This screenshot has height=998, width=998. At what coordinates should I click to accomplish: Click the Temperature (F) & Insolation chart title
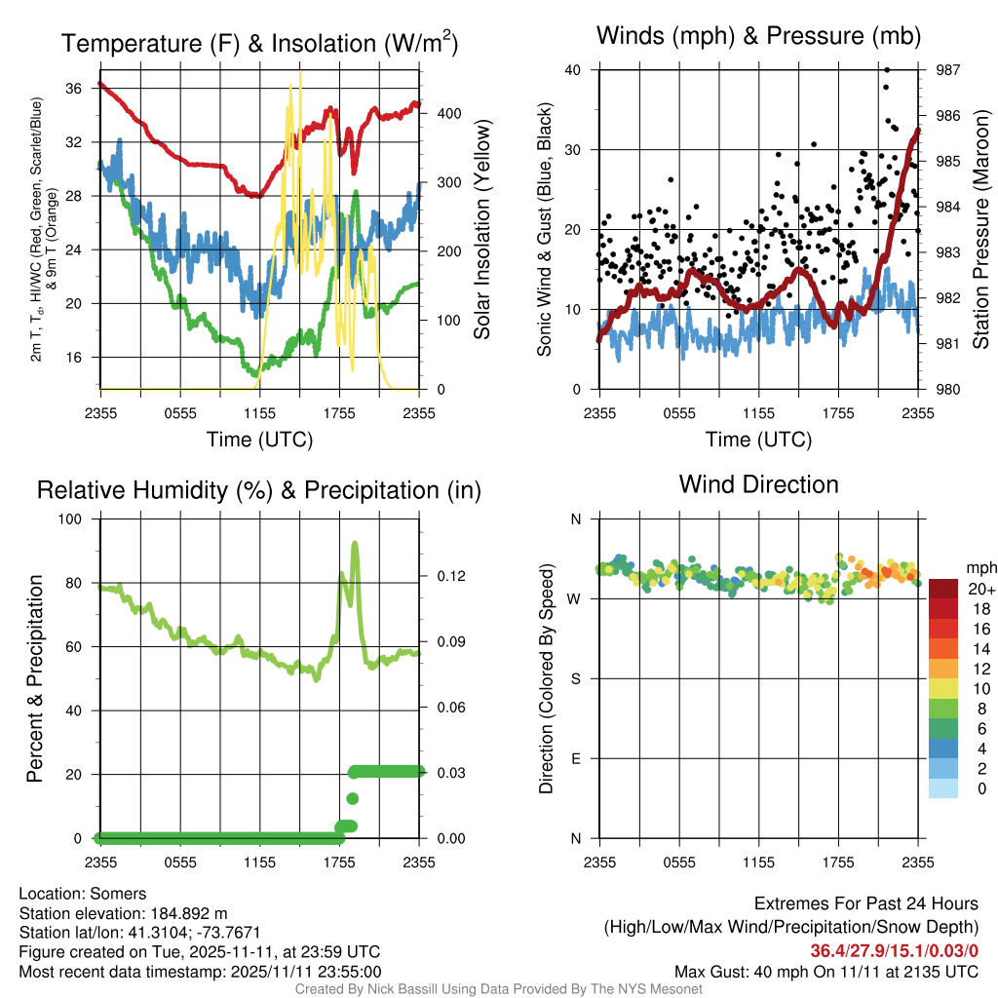259,43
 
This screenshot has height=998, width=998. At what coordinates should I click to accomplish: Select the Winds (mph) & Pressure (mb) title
758,36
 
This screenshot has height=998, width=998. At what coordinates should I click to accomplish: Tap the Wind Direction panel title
758,484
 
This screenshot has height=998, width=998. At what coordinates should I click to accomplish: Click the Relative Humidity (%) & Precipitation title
259,490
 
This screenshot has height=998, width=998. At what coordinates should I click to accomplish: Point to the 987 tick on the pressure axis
947,70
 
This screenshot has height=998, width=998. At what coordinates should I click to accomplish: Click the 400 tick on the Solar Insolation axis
449,113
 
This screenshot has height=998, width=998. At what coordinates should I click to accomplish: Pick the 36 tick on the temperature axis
74,89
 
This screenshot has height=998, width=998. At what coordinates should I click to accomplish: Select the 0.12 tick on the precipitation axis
451,576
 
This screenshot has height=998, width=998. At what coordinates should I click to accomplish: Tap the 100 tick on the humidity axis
70,518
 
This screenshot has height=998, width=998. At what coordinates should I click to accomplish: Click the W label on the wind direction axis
574,599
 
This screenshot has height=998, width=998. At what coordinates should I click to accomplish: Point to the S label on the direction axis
575,679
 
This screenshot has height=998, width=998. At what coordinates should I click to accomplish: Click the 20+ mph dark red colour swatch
943,589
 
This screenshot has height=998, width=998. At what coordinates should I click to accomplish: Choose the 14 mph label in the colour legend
981,648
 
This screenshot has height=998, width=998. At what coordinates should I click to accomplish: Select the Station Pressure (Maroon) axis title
980,229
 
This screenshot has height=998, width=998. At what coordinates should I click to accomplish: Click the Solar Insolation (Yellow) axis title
481,229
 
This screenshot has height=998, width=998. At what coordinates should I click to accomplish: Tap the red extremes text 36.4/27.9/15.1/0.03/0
895,951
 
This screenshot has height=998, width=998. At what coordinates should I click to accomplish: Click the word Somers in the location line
118,894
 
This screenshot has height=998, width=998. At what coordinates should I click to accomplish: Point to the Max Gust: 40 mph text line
826,972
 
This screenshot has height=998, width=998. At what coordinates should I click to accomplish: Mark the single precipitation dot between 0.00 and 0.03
352,798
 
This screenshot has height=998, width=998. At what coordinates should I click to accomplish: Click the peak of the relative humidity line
355,543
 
